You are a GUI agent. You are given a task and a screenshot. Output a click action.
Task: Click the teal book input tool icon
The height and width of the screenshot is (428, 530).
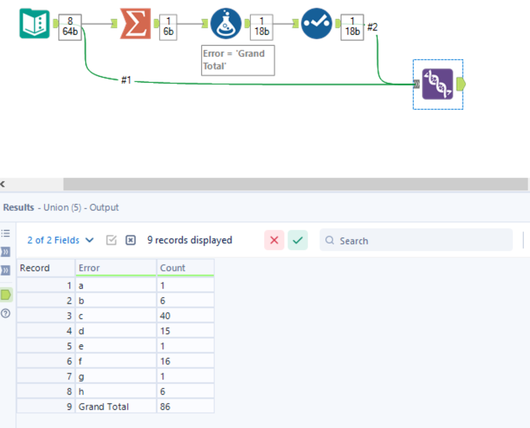coord(34,24)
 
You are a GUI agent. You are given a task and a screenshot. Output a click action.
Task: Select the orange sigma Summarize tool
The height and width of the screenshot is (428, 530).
coord(135,24)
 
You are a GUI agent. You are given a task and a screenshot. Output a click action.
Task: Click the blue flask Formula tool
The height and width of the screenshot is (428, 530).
coord(226,24)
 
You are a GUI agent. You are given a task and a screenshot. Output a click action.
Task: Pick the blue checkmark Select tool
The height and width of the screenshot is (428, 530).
coord(317,24)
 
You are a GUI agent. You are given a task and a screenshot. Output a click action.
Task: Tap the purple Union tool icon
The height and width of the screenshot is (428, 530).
coord(437,84)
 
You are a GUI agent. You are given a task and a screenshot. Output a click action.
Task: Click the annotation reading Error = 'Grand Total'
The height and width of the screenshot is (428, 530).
coord(238,60)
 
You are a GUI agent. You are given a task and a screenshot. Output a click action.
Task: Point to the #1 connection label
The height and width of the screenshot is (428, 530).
coord(126,80)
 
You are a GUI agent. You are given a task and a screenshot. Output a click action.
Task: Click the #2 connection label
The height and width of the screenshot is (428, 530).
coord(372,27)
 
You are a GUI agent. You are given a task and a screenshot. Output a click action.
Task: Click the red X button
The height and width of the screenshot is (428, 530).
coord(274,240)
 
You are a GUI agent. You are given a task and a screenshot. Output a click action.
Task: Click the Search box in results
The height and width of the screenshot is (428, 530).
coord(416,241)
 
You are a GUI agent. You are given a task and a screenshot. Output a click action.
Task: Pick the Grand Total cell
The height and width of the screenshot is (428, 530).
coord(104,407)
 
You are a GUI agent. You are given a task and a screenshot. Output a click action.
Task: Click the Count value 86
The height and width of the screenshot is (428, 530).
coord(165,407)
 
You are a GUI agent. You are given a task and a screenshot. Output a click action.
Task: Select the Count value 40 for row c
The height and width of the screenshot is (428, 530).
coord(165,316)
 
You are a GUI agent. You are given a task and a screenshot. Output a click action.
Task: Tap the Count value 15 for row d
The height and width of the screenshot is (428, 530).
coord(165,331)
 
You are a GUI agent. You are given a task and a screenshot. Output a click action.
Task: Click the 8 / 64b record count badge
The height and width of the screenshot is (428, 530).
coord(70,27)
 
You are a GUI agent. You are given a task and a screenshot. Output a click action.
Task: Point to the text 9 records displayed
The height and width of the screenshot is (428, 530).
coord(190,240)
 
